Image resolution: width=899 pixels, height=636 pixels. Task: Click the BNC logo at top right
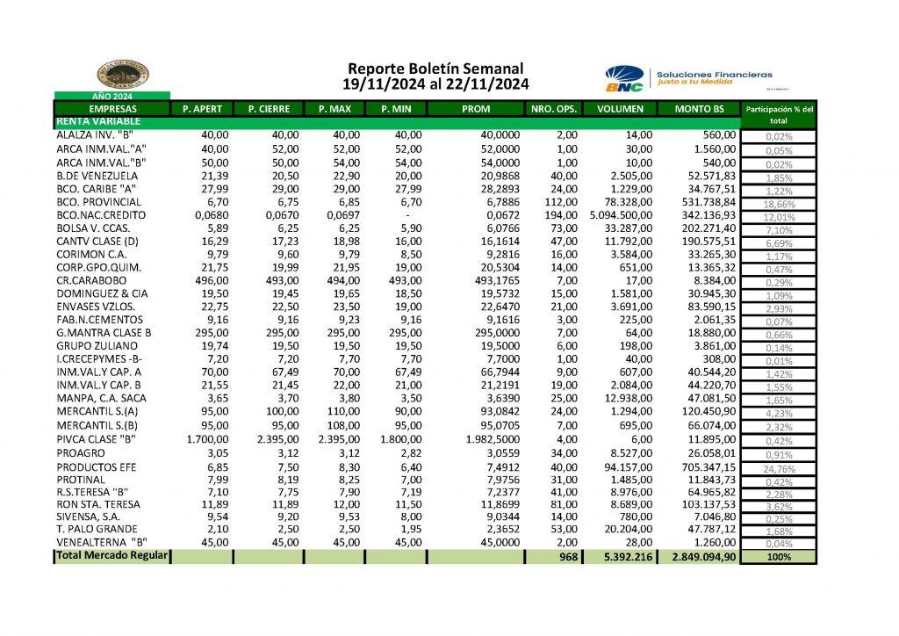click(x=624, y=79)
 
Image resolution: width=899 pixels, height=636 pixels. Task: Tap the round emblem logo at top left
click(x=121, y=74)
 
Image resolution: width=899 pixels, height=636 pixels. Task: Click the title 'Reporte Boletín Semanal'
click(x=435, y=68)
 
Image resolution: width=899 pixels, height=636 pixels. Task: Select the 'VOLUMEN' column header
click(x=620, y=109)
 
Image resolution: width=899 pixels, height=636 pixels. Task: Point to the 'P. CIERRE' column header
click(x=270, y=109)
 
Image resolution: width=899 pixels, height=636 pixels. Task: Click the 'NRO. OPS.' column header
click(x=554, y=109)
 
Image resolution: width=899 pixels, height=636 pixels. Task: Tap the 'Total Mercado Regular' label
click(x=112, y=556)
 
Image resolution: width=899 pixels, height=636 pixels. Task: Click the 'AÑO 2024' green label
click(x=112, y=96)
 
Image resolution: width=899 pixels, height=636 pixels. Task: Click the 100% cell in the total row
click(x=779, y=557)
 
